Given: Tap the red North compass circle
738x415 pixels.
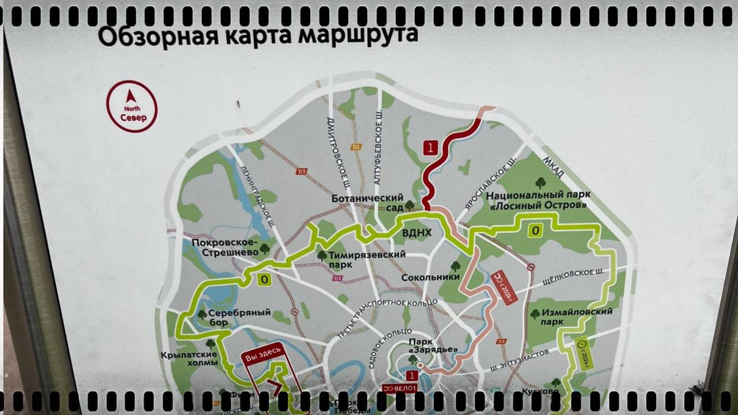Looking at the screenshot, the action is click(132, 107).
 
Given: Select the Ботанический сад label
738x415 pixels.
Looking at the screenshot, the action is click(368, 202).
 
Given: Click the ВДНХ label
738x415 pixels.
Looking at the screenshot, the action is click(417, 233).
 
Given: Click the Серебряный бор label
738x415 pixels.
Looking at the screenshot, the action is click(239, 317).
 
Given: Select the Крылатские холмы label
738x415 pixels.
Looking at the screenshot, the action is click(189, 358).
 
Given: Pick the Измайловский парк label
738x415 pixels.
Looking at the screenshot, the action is click(577, 316).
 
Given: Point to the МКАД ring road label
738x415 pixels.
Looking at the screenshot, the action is click(553, 167).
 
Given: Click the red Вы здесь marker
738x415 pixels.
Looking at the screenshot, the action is click(262, 356).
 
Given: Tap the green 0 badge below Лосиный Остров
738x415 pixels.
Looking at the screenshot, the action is click(535, 230).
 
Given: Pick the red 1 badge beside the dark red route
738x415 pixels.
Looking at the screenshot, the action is click(430, 148).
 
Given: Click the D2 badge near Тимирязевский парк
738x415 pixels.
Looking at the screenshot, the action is click(338, 279).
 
